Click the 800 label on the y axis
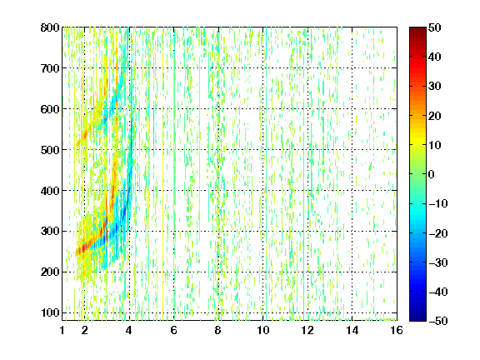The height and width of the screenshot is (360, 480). [x=50, y=27]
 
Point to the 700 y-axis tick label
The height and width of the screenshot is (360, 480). [x=50, y=68]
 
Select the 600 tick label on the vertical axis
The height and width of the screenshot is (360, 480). [x=50, y=109]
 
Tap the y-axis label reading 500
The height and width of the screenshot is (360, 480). [x=50, y=150]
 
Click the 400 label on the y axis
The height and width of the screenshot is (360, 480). [x=50, y=191]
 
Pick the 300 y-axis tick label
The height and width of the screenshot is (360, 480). [x=50, y=232]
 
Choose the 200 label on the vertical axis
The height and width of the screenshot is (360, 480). [x=50, y=272]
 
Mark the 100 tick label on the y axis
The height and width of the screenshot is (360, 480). [x=50, y=312]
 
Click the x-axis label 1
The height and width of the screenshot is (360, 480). [x=62, y=330]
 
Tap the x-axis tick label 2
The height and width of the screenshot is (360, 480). [x=85, y=330]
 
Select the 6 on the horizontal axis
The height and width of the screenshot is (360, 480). [x=174, y=330]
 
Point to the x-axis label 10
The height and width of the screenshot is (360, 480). [x=263, y=330]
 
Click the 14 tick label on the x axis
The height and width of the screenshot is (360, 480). [x=352, y=330]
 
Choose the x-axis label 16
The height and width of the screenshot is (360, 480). [x=397, y=330]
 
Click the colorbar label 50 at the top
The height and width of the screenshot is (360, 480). [x=435, y=27]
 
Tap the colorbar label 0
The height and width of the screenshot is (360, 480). [x=432, y=174]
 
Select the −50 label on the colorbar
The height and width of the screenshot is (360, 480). [x=438, y=321]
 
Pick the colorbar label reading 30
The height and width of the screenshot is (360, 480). [x=435, y=87]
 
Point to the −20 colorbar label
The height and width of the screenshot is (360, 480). [x=438, y=233]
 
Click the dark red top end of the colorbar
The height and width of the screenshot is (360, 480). [x=417, y=29]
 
